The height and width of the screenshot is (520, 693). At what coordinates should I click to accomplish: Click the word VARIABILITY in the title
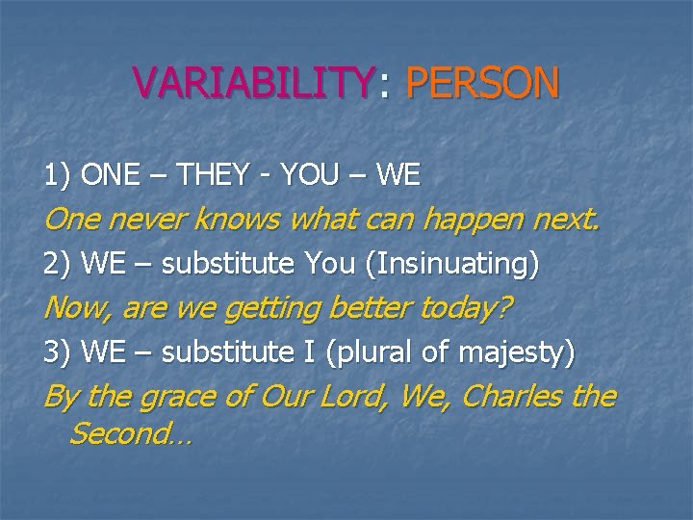pyautogui.click(x=254, y=82)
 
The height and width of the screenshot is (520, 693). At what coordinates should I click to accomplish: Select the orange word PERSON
pyautogui.click(x=483, y=82)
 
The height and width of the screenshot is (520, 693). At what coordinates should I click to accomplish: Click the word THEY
pyautogui.click(x=213, y=174)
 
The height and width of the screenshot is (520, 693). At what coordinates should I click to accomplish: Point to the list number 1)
pyautogui.click(x=58, y=175)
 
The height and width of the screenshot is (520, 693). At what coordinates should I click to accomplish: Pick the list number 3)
pyautogui.click(x=58, y=352)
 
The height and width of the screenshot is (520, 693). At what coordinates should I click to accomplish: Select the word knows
pyautogui.click(x=238, y=219)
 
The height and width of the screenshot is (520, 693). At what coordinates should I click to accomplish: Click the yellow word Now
pyautogui.click(x=78, y=309)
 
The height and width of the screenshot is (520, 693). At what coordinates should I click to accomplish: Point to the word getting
pyautogui.click(x=272, y=310)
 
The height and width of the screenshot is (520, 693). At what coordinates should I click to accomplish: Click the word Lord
pyautogui.click(x=350, y=396)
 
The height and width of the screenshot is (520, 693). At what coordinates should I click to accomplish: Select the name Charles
pyautogui.click(x=513, y=396)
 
